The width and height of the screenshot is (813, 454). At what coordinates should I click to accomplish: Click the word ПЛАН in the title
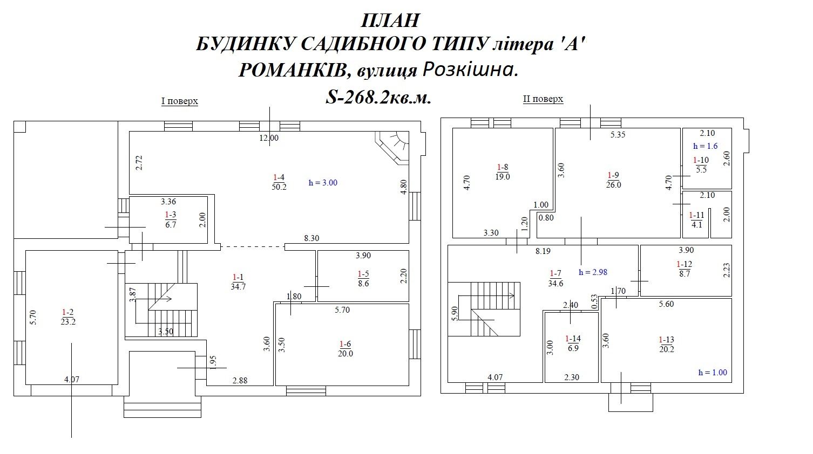(390, 20)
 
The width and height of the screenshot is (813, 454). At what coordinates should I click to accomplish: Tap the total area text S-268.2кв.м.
(378, 97)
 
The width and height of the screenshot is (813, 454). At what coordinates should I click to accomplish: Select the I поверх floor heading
(180, 101)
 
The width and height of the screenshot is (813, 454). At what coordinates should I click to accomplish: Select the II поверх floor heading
(543, 99)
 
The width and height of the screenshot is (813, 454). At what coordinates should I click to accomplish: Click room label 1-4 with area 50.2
(279, 182)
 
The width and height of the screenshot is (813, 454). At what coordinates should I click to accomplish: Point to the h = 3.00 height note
(323, 182)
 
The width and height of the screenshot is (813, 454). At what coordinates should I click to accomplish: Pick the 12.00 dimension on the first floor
(269, 138)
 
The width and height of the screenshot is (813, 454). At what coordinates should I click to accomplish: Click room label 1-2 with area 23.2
(68, 317)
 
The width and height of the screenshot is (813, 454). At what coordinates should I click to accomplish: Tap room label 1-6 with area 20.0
(345, 348)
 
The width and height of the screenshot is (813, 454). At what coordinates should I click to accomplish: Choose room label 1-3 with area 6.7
(171, 220)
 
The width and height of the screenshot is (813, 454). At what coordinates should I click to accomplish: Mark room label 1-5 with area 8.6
(363, 278)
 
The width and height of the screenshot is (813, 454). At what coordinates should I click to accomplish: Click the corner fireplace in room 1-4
(392, 148)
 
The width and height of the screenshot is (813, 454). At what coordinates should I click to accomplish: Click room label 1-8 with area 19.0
(503, 172)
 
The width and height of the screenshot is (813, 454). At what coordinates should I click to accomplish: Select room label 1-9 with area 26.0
(613, 180)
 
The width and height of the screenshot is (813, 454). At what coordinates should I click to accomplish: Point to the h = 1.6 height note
(705, 146)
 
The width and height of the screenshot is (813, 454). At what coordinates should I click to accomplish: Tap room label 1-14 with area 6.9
(573, 343)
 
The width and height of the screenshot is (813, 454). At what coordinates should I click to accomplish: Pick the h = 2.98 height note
(593, 272)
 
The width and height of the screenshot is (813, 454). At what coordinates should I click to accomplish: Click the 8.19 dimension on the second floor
(543, 251)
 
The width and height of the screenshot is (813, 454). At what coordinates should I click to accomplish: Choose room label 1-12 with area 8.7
(685, 269)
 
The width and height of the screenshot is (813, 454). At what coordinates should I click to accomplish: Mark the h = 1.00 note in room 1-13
(713, 373)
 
